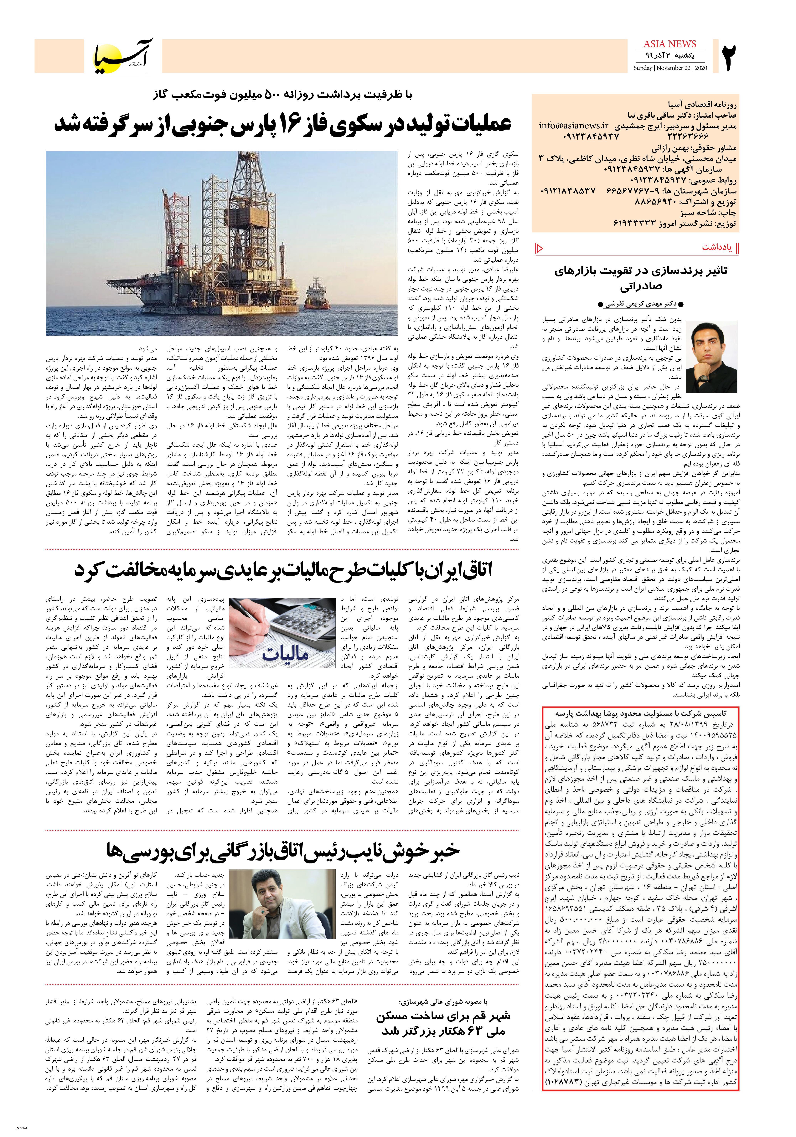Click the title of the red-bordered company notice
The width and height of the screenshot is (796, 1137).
pyautogui.click(x=640, y=715)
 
